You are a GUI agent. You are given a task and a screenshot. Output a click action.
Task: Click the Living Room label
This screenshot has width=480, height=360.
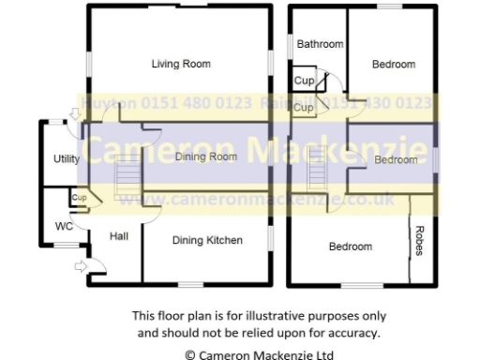click(181, 64)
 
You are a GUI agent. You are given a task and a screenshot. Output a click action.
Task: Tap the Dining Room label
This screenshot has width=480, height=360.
click(205, 157)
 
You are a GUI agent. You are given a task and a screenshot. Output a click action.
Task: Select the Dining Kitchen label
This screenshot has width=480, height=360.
click(207, 240)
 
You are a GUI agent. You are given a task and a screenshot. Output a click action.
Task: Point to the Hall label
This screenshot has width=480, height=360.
click(119, 237)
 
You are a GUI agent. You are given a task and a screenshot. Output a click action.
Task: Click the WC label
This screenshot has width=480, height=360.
click(64, 226)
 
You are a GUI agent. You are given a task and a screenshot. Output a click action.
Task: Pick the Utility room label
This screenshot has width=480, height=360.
click(67, 159)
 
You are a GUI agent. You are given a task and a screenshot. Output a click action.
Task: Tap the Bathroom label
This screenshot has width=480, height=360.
click(320, 44)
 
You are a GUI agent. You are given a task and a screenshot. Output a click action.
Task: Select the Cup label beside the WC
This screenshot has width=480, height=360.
click(79, 198)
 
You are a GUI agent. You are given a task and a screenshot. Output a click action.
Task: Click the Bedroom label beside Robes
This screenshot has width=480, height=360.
click(350, 247)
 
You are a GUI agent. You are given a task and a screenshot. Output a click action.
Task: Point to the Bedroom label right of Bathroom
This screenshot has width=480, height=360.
click(393, 64)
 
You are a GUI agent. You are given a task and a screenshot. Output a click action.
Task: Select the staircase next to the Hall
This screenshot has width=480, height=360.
click(126, 179)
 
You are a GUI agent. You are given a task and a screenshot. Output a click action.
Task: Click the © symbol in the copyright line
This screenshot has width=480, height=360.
click(190, 354)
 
